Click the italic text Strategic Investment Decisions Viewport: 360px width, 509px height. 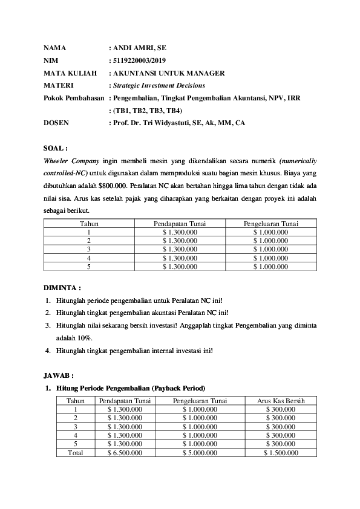click(x=159, y=86)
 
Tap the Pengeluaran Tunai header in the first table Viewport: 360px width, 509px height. click(x=270, y=223)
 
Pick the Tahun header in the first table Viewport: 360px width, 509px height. click(x=89, y=223)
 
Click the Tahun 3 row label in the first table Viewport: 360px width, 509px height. click(x=89, y=248)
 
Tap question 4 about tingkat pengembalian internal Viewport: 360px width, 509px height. click(x=134, y=350)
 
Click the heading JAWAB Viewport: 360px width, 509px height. click(x=59, y=375)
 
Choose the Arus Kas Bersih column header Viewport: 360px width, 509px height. click(x=280, y=401)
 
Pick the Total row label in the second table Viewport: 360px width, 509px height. click(x=76, y=452)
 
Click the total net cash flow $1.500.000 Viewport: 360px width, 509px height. click(x=280, y=452)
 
